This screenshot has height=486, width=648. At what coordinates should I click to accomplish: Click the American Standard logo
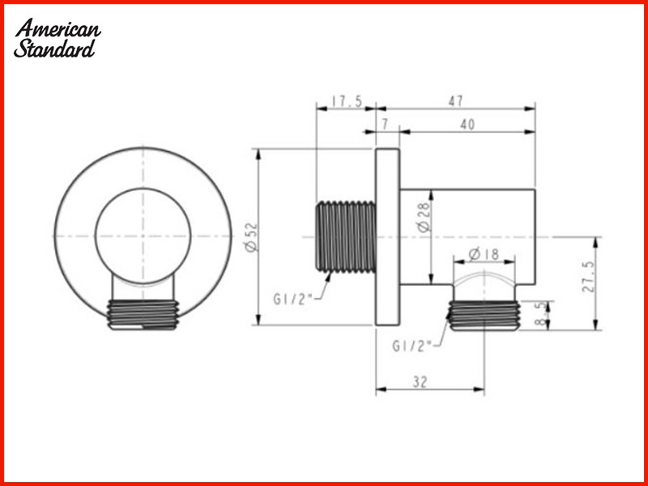click(x=58, y=38)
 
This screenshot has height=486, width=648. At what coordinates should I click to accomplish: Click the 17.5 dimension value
click(x=347, y=101)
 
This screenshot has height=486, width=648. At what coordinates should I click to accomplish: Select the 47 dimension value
click(x=455, y=101)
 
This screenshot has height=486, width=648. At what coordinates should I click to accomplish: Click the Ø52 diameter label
click(x=250, y=237)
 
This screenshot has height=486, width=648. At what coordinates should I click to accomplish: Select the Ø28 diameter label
click(x=424, y=217)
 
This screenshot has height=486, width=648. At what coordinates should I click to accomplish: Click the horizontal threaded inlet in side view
click(x=344, y=235)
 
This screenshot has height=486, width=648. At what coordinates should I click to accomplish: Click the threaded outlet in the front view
click(x=142, y=315)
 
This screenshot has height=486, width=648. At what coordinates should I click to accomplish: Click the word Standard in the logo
click(x=55, y=49)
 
